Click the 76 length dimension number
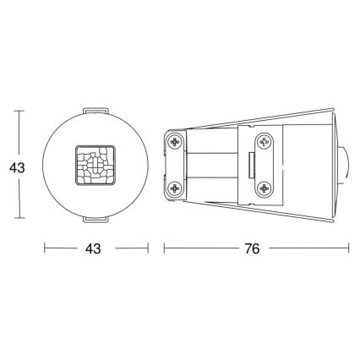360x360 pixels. [x=252, y=250]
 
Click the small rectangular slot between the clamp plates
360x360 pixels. [x=251, y=166]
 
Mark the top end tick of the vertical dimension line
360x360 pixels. [x=23, y=112]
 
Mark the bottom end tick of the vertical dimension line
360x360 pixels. [x=23, y=221]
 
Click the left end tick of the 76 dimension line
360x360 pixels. [x=164, y=250]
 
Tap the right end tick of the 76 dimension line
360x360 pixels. [x=348, y=250]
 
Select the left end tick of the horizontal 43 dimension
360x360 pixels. [x=45, y=250]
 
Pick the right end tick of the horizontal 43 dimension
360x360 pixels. [x=148, y=250]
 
